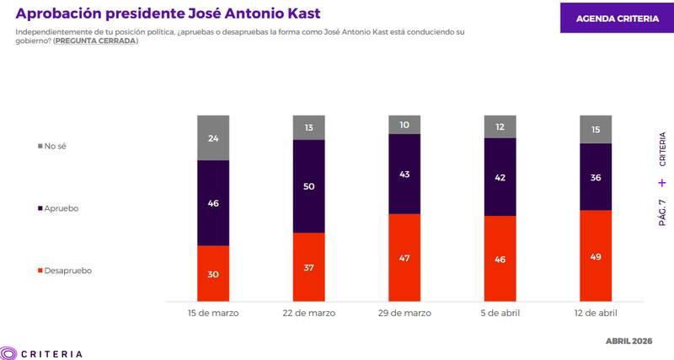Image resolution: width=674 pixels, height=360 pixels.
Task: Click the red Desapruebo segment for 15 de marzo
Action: [213, 273]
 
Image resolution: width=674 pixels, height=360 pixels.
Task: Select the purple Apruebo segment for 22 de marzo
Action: [309, 185]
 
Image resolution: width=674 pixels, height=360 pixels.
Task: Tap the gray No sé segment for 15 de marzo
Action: [213, 137]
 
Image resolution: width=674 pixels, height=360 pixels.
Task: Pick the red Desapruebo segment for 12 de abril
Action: [596, 255]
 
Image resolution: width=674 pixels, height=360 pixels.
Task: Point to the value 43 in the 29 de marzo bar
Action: [404, 174]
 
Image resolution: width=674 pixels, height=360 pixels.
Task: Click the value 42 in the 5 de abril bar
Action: [500, 176]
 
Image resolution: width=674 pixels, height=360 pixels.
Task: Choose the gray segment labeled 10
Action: [404, 125]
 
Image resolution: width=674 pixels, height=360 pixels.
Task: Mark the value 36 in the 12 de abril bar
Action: [596, 177]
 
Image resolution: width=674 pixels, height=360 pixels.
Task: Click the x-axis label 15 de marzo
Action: [213, 313]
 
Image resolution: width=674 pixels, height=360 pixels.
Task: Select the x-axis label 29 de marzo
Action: [404, 313]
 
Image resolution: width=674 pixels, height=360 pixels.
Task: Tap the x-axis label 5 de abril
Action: [500, 313]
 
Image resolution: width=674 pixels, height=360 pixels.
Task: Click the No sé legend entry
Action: [52, 146]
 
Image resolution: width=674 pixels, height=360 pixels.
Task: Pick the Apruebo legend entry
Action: [59, 208]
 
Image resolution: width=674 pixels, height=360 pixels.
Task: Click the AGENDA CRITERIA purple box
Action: [617, 18]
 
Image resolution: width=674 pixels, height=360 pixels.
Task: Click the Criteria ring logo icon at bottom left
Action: [9, 353]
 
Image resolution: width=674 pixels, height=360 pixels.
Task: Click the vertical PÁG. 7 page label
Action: [661, 212]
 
